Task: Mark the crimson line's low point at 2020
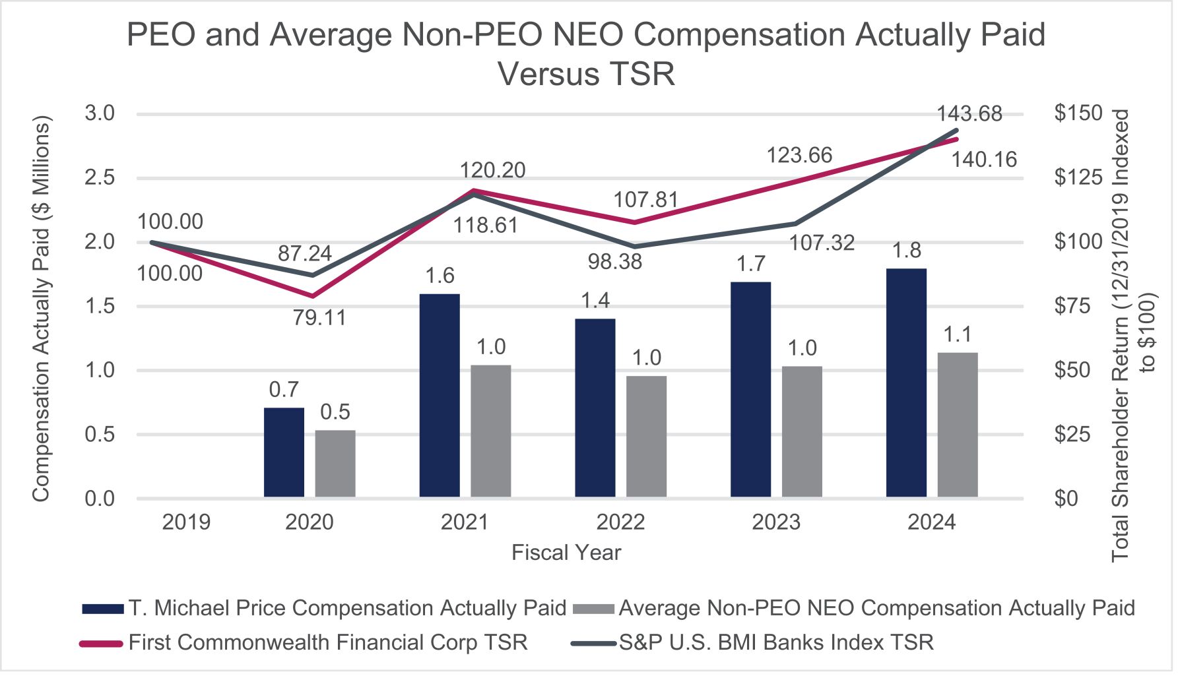tap(313, 297)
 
